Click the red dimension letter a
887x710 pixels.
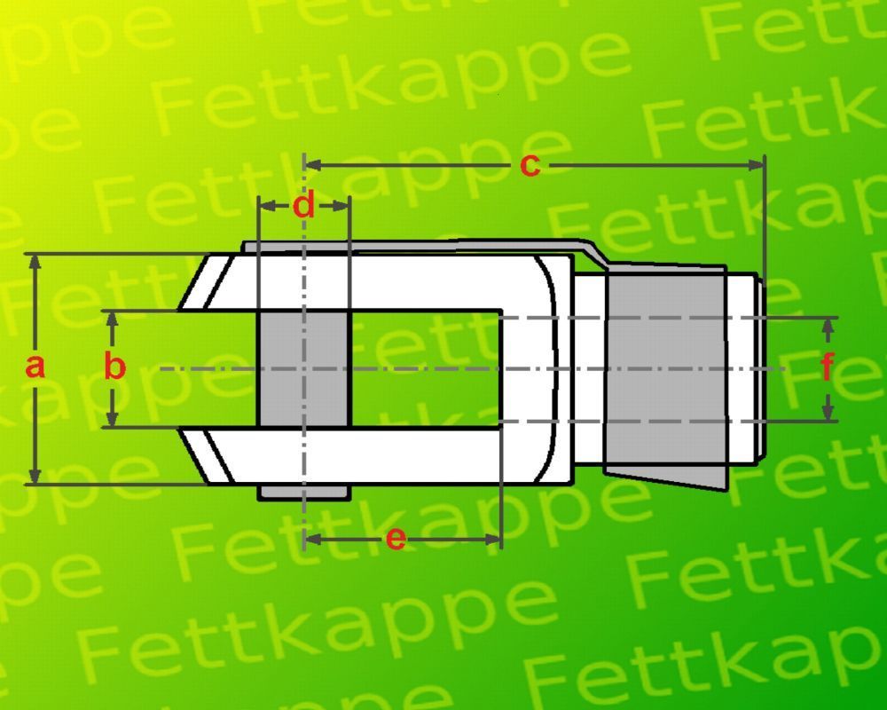pos(35,367)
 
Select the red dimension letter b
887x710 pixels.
pos(114,366)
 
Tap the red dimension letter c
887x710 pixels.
pos(530,166)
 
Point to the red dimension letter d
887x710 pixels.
pos(304,205)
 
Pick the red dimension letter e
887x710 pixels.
pos(396,539)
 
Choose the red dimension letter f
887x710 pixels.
pos(828,367)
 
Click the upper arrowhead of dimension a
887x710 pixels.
pos(35,263)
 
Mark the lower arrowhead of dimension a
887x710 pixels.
pos(35,476)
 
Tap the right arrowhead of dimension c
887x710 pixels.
pos(756,165)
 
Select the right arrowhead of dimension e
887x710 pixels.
pos(492,539)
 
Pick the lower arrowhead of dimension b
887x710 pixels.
pos(113,418)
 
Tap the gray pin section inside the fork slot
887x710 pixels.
pos(303,368)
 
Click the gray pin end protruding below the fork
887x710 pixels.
pos(304,493)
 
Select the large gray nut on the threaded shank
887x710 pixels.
pos(665,376)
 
